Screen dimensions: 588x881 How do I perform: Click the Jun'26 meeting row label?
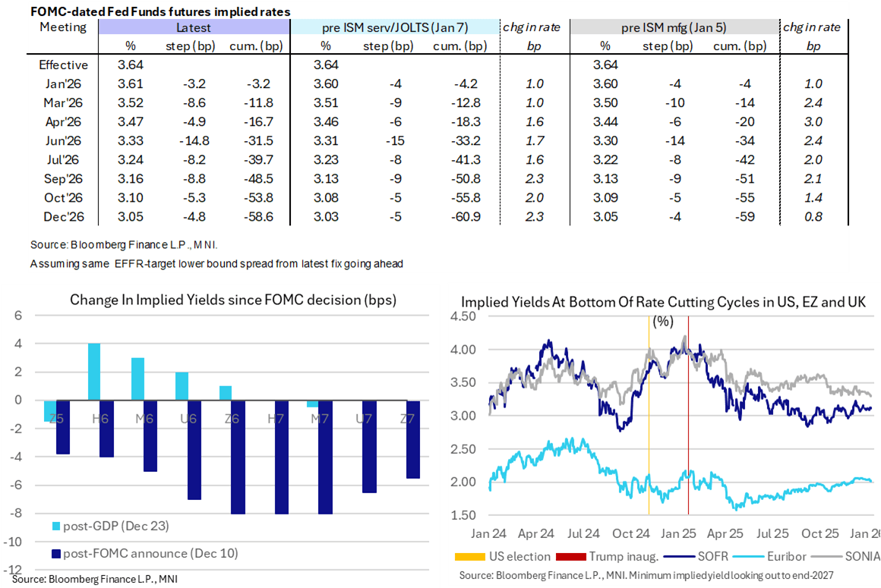pyautogui.click(x=64, y=140)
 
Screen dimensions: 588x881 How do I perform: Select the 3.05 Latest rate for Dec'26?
pyautogui.click(x=130, y=216)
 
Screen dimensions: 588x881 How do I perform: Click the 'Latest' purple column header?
pyautogui.click(x=194, y=27)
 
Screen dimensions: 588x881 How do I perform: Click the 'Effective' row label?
pyautogui.click(x=64, y=64)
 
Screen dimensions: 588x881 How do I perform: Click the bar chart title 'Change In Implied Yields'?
pyautogui.click(x=232, y=300)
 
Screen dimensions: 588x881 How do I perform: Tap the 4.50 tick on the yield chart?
pyautogui.click(x=466, y=318)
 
